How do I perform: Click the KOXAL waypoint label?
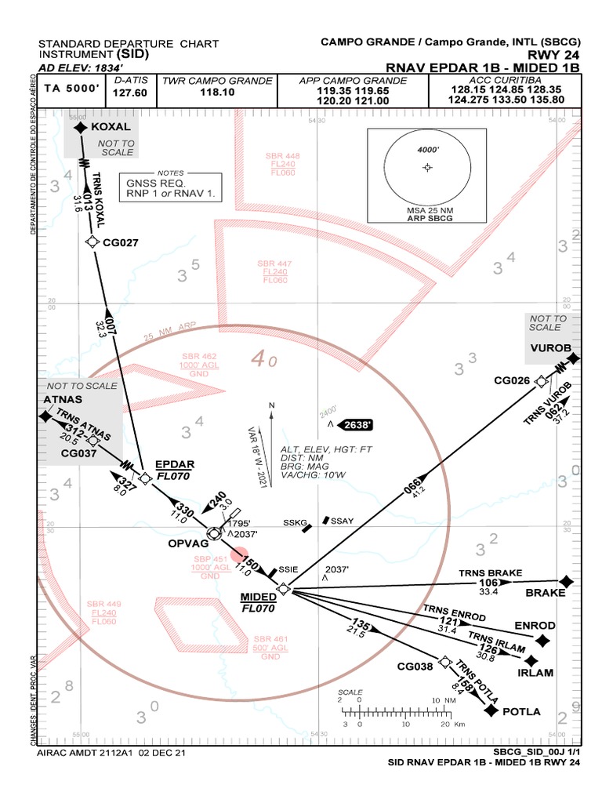tap(111, 127)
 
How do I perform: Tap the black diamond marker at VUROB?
tap(573, 358)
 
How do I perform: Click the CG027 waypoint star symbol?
tap(93, 242)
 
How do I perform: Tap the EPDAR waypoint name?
tap(173, 464)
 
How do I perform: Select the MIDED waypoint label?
tap(258, 597)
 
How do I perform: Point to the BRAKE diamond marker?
tap(568, 581)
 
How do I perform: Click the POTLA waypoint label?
tap(522, 711)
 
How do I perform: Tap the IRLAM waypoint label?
tap(535, 673)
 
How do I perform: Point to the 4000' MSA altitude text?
tap(427, 148)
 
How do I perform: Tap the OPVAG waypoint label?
tap(188, 543)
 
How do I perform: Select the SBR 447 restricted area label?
tap(274, 263)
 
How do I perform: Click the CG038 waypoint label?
tap(415, 667)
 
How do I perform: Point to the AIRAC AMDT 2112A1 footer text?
tap(111, 752)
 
